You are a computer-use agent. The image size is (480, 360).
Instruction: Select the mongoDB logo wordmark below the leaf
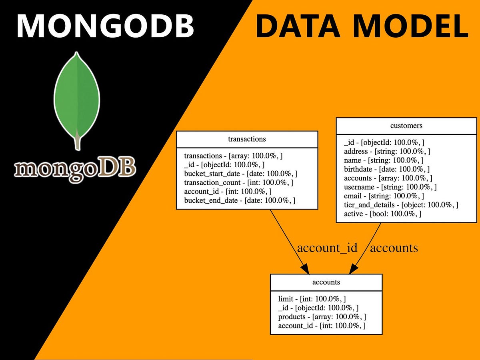[75, 169]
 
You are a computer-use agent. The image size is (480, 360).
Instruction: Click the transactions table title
[247, 139]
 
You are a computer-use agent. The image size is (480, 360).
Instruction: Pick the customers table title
[406, 126]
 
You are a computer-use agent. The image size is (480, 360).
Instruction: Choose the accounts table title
[326, 282]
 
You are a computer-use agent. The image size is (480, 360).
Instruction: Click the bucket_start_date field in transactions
[240, 174]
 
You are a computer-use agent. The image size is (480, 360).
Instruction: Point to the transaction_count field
[238, 182]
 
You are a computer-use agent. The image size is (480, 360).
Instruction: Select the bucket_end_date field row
[240, 200]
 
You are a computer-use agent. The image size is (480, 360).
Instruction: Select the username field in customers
[390, 187]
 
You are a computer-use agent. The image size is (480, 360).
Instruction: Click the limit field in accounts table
[312, 298]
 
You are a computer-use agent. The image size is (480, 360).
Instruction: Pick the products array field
[322, 317]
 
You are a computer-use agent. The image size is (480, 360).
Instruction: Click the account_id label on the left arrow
[327, 248]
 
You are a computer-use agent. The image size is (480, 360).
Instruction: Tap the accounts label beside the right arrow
[394, 248]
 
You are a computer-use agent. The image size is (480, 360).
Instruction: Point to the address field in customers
[387, 151]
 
